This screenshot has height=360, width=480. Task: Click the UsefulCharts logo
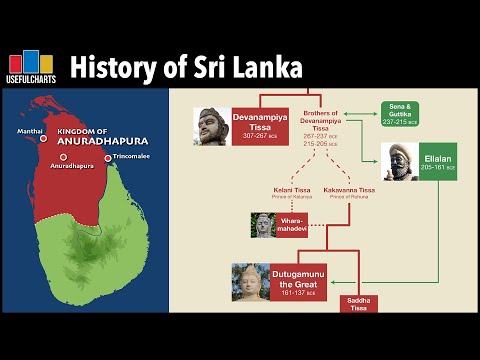(34, 68)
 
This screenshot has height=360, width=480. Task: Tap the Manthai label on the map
(29, 130)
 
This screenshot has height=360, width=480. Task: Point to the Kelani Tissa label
(291, 191)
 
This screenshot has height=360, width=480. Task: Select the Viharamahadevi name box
(288, 225)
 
